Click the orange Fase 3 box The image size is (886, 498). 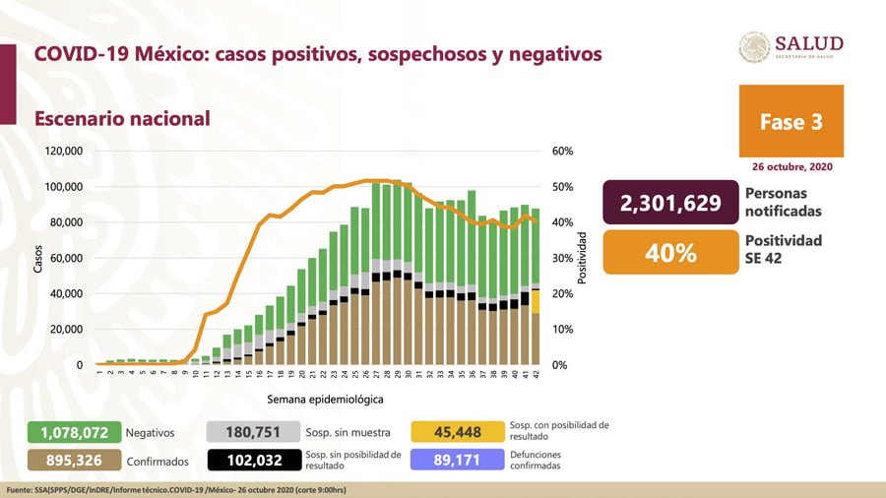(x=791, y=121)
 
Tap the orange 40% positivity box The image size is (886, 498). (x=670, y=252)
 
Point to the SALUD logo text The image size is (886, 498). (x=808, y=43)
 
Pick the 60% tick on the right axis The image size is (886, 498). (x=562, y=152)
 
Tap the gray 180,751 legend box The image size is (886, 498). (x=251, y=432)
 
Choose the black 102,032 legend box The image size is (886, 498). (x=251, y=460)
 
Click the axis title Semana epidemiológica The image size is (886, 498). (x=324, y=400)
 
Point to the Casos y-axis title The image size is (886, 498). (x=37, y=258)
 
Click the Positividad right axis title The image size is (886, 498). (x=583, y=258)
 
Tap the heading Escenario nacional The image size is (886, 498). (x=122, y=119)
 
